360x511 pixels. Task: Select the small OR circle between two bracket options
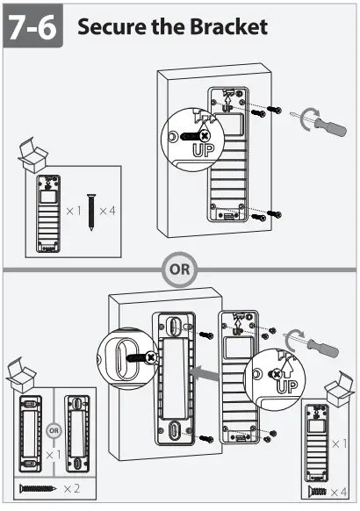click(x=54, y=432)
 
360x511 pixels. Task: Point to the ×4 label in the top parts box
click(x=108, y=211)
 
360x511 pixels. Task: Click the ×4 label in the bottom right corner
click(x=339, y=493)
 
